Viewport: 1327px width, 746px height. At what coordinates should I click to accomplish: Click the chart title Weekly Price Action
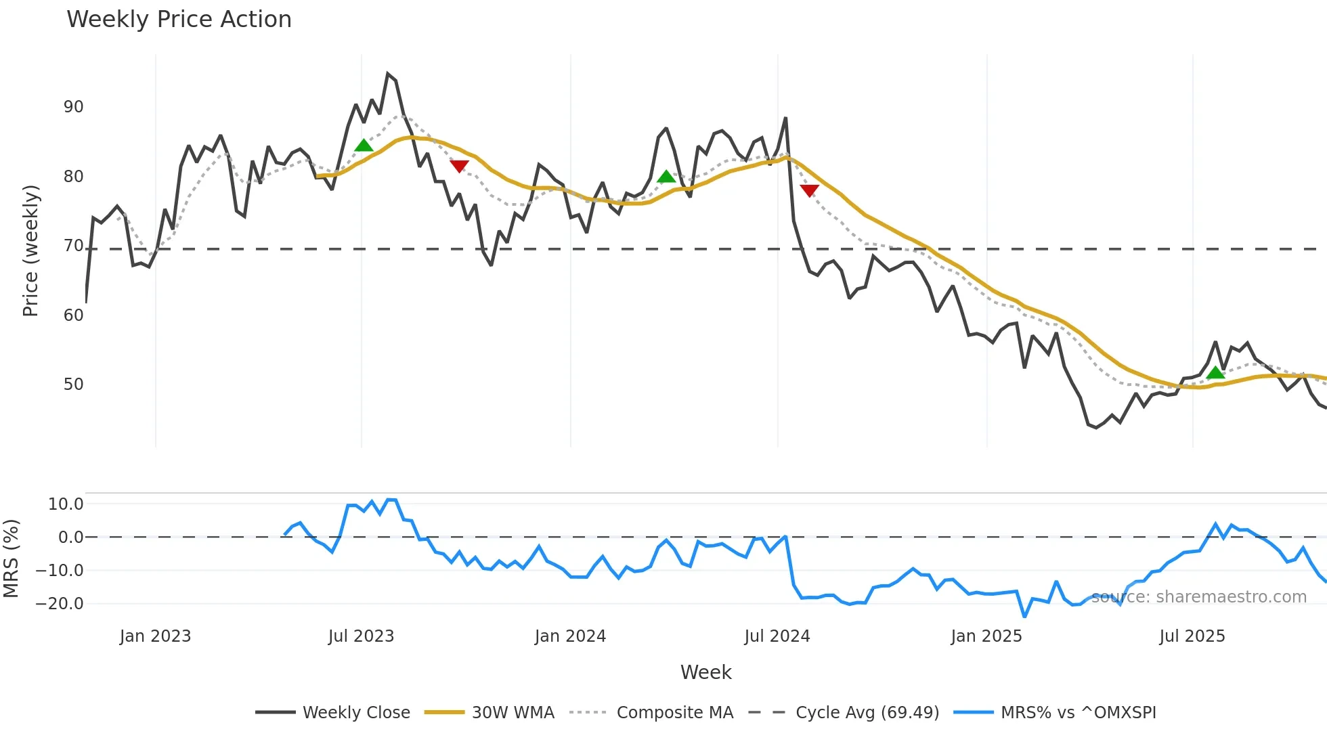pyautogui.click(x=179, y=20)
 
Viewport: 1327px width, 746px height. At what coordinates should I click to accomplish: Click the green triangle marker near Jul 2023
pyautogui.click(x=364, y=146)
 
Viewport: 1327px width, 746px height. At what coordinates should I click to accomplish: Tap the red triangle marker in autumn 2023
pyautogui.click(x=459, y=166)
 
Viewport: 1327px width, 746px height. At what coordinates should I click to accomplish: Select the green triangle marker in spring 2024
pyautogui.click(x=666, y=177)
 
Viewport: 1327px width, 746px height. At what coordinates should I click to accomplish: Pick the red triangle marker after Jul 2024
pyautogui.click(x=809, y=190)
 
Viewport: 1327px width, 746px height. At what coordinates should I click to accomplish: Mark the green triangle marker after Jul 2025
pyautogui.click(x=1215, y=372)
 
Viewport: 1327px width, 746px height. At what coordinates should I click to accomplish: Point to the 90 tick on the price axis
pyautogui.click(x=73, y=107)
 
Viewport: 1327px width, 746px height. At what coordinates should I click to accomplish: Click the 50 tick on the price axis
pyautogui.click(x=73, y=385)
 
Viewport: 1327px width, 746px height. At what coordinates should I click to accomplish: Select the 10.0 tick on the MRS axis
pyautogui.click(x=66, y=504)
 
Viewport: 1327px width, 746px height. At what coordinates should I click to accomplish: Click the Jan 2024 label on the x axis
pyautogui.click(x=570, y=636)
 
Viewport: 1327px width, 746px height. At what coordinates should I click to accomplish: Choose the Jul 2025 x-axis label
pyautogui.click(x=1192, y=636)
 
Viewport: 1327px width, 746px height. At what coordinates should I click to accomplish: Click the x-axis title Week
pyautogui.click(x=705, y=672)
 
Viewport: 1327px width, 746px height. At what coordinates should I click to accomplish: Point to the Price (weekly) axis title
pyautogui.click(x=30, y=250)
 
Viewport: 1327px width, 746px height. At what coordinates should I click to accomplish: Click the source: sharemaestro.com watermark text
pyautogui.click(x=1198, y=597)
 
